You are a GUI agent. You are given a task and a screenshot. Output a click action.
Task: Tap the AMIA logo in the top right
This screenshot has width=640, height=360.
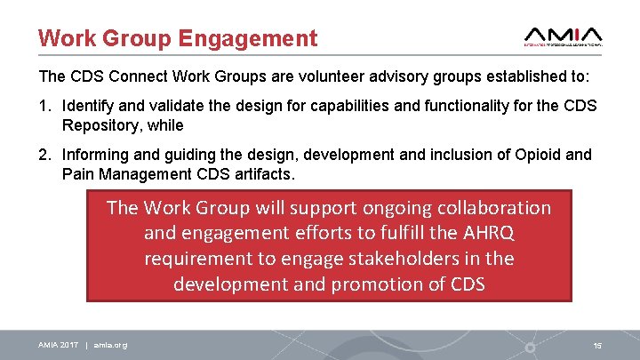point(564,33)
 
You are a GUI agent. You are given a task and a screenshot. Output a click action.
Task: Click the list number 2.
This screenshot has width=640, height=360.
point(43,155)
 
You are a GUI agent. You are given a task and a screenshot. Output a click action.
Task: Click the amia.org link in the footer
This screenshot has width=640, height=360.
point(110,345)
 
